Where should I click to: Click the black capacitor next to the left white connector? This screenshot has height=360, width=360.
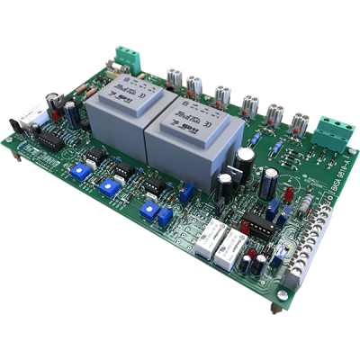tap(69, 112)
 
